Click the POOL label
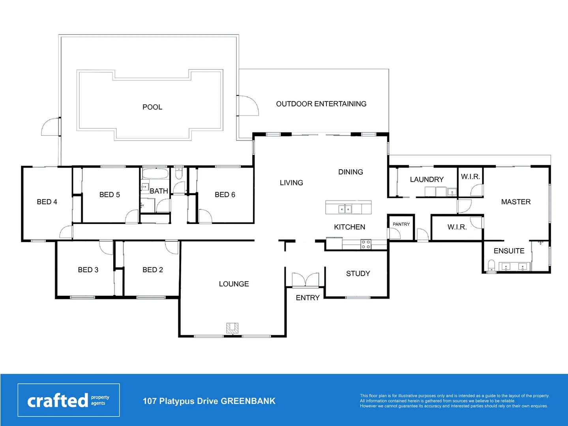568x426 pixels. tap(152, 107)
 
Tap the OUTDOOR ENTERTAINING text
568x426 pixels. tap(321, 104)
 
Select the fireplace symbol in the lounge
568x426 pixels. tap(232, 328)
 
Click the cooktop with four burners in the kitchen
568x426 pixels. tap(366, 244)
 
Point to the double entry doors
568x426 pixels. tap(305, 280)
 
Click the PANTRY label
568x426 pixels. tap(401, 224)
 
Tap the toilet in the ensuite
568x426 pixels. tap(491, 265)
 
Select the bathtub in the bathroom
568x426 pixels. tap(155, 174)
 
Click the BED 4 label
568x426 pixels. tap(47, 202)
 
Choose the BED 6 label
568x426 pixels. tap(225, 195)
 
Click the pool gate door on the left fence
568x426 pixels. tap(50, 127)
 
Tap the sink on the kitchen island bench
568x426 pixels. tap(345, 209)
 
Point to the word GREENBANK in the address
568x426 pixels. tap(248, 401)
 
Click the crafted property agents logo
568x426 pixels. tap(69, 400)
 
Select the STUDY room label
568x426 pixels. tap(358, 273)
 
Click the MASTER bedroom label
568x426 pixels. tap(516, 202)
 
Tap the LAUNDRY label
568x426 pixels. tap(427, 179)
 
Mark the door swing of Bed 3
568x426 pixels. tap(106, 247)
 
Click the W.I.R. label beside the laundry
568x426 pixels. tap(471, 176)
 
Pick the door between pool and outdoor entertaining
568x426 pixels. tap(248, 106)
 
